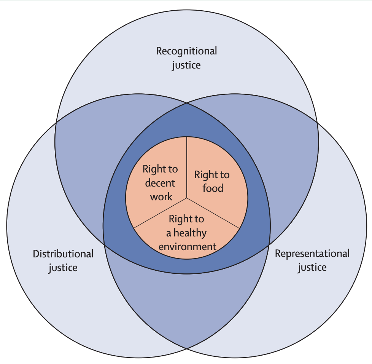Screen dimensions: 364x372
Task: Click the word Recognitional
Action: click(186, 51)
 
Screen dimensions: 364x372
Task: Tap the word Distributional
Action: click(63, 254)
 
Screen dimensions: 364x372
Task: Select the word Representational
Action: click(312, 254)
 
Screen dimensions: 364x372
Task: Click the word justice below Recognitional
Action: click(186, 65)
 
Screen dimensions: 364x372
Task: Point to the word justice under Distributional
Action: click(63, 268)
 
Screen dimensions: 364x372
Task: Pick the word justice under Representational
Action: click(312, 267)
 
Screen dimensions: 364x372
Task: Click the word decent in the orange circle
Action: click(160, 183)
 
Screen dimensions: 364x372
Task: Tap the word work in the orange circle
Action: click(161, 196)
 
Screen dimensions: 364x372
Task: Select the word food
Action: click(213, 188)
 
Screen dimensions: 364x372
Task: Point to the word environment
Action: click(187, 246)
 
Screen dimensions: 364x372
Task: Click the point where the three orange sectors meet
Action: click(186, 198)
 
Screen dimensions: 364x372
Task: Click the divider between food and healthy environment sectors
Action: click(213, 213)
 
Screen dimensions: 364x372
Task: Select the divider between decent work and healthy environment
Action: click(160, 213)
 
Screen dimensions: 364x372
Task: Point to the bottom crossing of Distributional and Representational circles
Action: click(186, 348)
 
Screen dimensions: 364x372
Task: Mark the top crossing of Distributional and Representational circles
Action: click(186, 102)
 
